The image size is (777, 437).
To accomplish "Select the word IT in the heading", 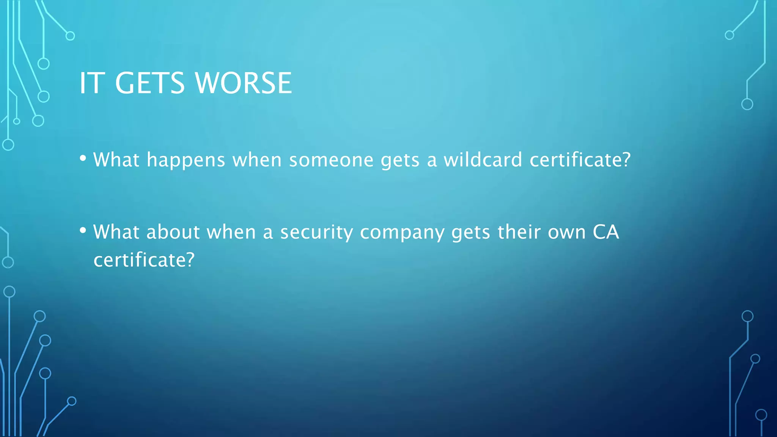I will [91, 83].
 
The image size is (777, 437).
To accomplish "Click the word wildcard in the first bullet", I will [483, 160].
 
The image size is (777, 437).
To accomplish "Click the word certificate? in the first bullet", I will [580, 160].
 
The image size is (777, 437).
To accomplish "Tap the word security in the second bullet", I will [316, 233].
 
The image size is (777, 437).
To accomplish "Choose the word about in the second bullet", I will [173, 232].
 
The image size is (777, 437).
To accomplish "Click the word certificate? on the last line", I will [144, 260].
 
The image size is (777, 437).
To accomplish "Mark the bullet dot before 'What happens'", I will [83, 159].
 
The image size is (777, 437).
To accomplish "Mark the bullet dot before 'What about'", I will [83, 231].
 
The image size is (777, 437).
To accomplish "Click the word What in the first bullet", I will [116, 160].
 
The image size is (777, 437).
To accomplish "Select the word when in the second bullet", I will [231, 232].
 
